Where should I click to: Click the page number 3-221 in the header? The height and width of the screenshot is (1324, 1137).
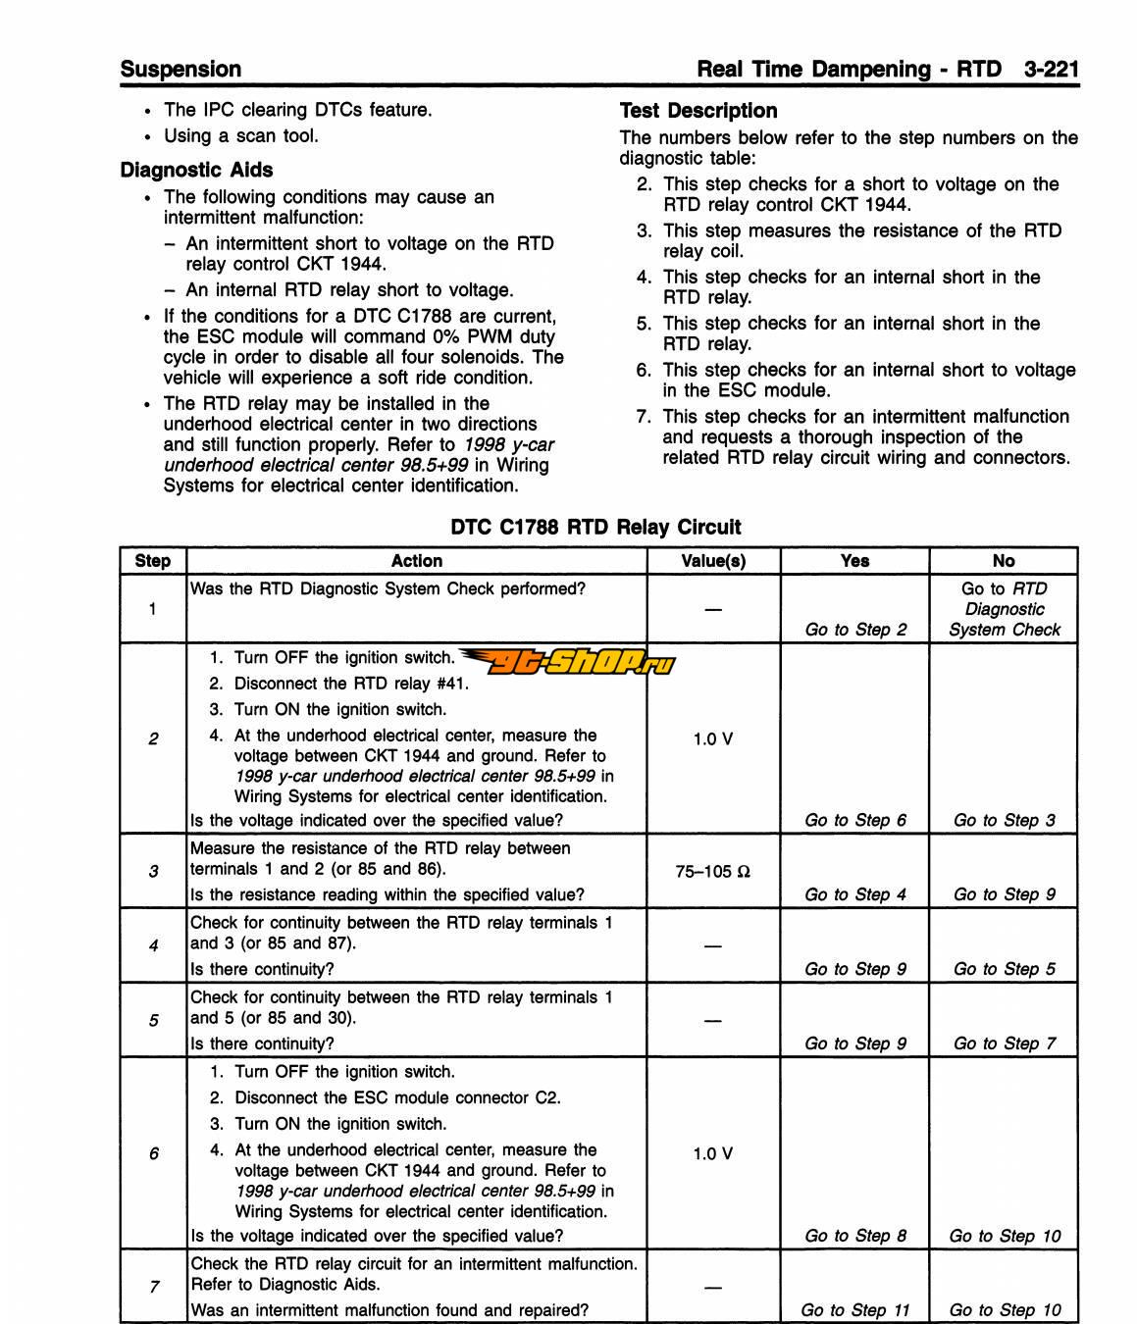1051,70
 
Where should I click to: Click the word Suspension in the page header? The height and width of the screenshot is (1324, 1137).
181,70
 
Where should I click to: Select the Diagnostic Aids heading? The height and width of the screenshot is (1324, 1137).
196,170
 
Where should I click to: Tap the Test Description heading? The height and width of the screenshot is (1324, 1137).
698,111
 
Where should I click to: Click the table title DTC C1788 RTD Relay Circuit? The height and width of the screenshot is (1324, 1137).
595,527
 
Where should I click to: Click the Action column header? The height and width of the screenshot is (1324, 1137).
416,561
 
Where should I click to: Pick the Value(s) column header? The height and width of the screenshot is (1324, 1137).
713,561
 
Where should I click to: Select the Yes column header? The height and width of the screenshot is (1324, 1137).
854,561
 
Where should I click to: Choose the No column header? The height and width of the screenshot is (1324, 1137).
1003,561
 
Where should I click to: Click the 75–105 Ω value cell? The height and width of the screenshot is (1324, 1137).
713,871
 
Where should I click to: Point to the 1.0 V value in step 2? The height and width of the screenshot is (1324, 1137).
713,739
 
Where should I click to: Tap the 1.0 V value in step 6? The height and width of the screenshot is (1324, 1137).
713,1154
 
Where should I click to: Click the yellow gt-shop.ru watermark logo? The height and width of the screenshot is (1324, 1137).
569,664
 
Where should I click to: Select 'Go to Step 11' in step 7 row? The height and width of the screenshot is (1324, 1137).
855,1310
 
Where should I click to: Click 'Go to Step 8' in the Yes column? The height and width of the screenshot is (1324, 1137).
855,1236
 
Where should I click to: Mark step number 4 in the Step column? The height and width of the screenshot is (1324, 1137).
153,945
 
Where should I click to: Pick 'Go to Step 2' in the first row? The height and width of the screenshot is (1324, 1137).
855,630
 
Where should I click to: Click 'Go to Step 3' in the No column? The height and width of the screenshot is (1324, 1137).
1005,820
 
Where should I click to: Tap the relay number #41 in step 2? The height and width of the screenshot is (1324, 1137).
452,684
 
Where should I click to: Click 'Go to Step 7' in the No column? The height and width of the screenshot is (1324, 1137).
1005,1044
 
